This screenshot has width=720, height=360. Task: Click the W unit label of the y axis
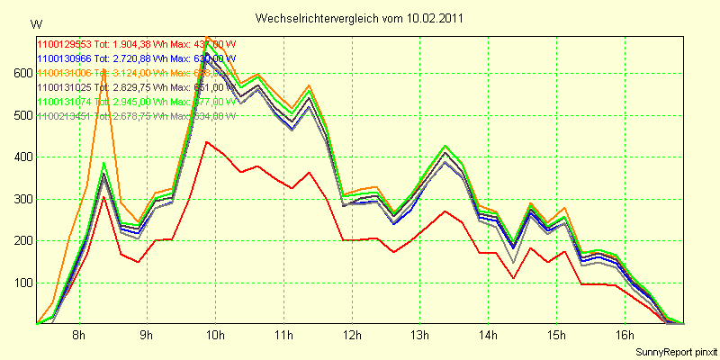[x=35, y=23]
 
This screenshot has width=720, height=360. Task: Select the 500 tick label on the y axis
[x=22, y=115]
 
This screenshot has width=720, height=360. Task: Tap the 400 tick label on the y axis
[x=22, y=157]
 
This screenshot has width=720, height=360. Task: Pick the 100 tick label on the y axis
[x=22, y=283]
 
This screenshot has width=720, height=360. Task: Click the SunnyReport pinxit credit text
[x=675, y=349]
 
